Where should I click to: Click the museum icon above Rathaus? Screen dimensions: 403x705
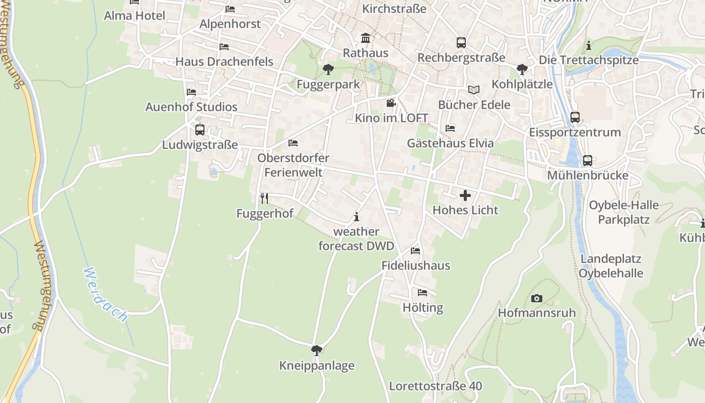click(365, 38)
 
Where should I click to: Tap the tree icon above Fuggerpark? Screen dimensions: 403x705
click(328, 69)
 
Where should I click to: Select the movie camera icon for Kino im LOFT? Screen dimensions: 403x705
click(391, 103)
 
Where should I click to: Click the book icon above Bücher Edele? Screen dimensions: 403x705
click(473, 90)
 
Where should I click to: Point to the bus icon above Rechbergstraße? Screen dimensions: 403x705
click(461, 43)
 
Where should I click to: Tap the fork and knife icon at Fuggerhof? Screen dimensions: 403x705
click(264, 198)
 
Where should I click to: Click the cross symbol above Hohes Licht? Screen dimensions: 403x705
click(465, 195)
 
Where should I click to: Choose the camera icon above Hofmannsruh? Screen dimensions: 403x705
click(536, 298)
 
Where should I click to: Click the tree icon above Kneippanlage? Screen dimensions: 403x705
click(317, 350)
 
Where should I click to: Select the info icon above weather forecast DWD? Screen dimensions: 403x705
click(357, 217)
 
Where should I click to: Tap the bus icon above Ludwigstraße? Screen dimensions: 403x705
click(200, 130)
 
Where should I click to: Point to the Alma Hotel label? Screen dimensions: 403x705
click(134, 16)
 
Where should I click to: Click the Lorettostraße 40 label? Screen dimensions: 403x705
click(436, 386)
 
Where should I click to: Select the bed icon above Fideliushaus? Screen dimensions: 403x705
click(415, 250)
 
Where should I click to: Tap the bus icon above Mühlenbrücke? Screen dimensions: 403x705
click(587, 161)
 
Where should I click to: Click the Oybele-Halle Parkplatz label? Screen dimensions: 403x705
click(624, 212)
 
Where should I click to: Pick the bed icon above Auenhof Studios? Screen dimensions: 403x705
click(191, 92)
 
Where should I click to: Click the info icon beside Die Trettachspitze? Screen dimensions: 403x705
click(589, 46)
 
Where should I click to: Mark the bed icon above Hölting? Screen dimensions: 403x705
click(422, 292)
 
